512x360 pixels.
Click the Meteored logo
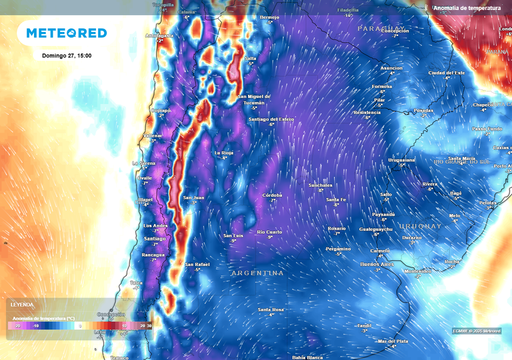click(66, 33)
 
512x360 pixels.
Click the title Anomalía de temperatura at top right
click(467, 8)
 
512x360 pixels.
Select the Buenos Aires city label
click(377, 264)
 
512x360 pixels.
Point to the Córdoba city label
click(272, 195)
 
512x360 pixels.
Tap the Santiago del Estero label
click(271, 119)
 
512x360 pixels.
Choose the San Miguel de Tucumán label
click(253, 99)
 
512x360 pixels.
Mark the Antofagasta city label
click(159, 35)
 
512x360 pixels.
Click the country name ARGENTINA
click(257, 273)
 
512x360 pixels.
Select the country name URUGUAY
click(420, 226)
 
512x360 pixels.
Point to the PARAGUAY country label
click(381, 28)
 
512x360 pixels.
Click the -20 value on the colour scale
click(17, 326)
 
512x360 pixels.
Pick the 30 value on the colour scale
click(149, 326)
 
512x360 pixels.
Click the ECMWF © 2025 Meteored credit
click(476, 331)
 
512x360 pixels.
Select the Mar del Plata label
click(393, 341)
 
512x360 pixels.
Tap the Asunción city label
click(391, 68)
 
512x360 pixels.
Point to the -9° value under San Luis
click(233, 241)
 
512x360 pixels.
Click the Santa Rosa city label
click(271, 309)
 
